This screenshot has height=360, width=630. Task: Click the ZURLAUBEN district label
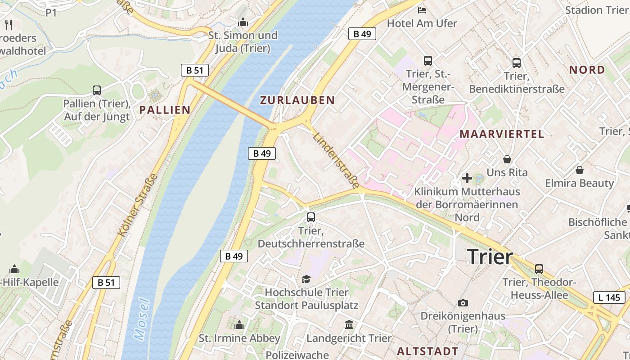tap(297, 100)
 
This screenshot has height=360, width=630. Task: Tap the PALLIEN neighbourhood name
tap(165, 109)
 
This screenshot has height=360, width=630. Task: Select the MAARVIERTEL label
tap(502, 134)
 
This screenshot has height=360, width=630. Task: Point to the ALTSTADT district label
tap(427, 351)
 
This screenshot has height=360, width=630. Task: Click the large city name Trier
tap(490, 257)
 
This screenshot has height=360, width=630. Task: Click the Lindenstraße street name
tap(336, 161)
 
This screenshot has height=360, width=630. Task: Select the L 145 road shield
tap(609, 297)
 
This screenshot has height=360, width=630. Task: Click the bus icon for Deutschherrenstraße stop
tap(310, 217)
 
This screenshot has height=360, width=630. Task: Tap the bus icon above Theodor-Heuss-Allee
tap(539, 269)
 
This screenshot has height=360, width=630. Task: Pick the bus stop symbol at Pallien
tap(97, 90)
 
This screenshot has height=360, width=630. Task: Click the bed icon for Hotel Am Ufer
tap(422, 10)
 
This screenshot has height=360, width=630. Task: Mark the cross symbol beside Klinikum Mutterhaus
tap(467, 178)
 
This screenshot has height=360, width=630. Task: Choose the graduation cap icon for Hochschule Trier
tap(306, 279)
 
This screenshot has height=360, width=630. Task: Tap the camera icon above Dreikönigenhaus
tap(463, 303)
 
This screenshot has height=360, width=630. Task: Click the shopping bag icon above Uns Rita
tap(507, 159)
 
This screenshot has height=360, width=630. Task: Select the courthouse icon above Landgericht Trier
tap(349, 324)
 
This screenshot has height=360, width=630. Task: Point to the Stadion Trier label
tap(596, 10)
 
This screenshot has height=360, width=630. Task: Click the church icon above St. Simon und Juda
tap(243, 22)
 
